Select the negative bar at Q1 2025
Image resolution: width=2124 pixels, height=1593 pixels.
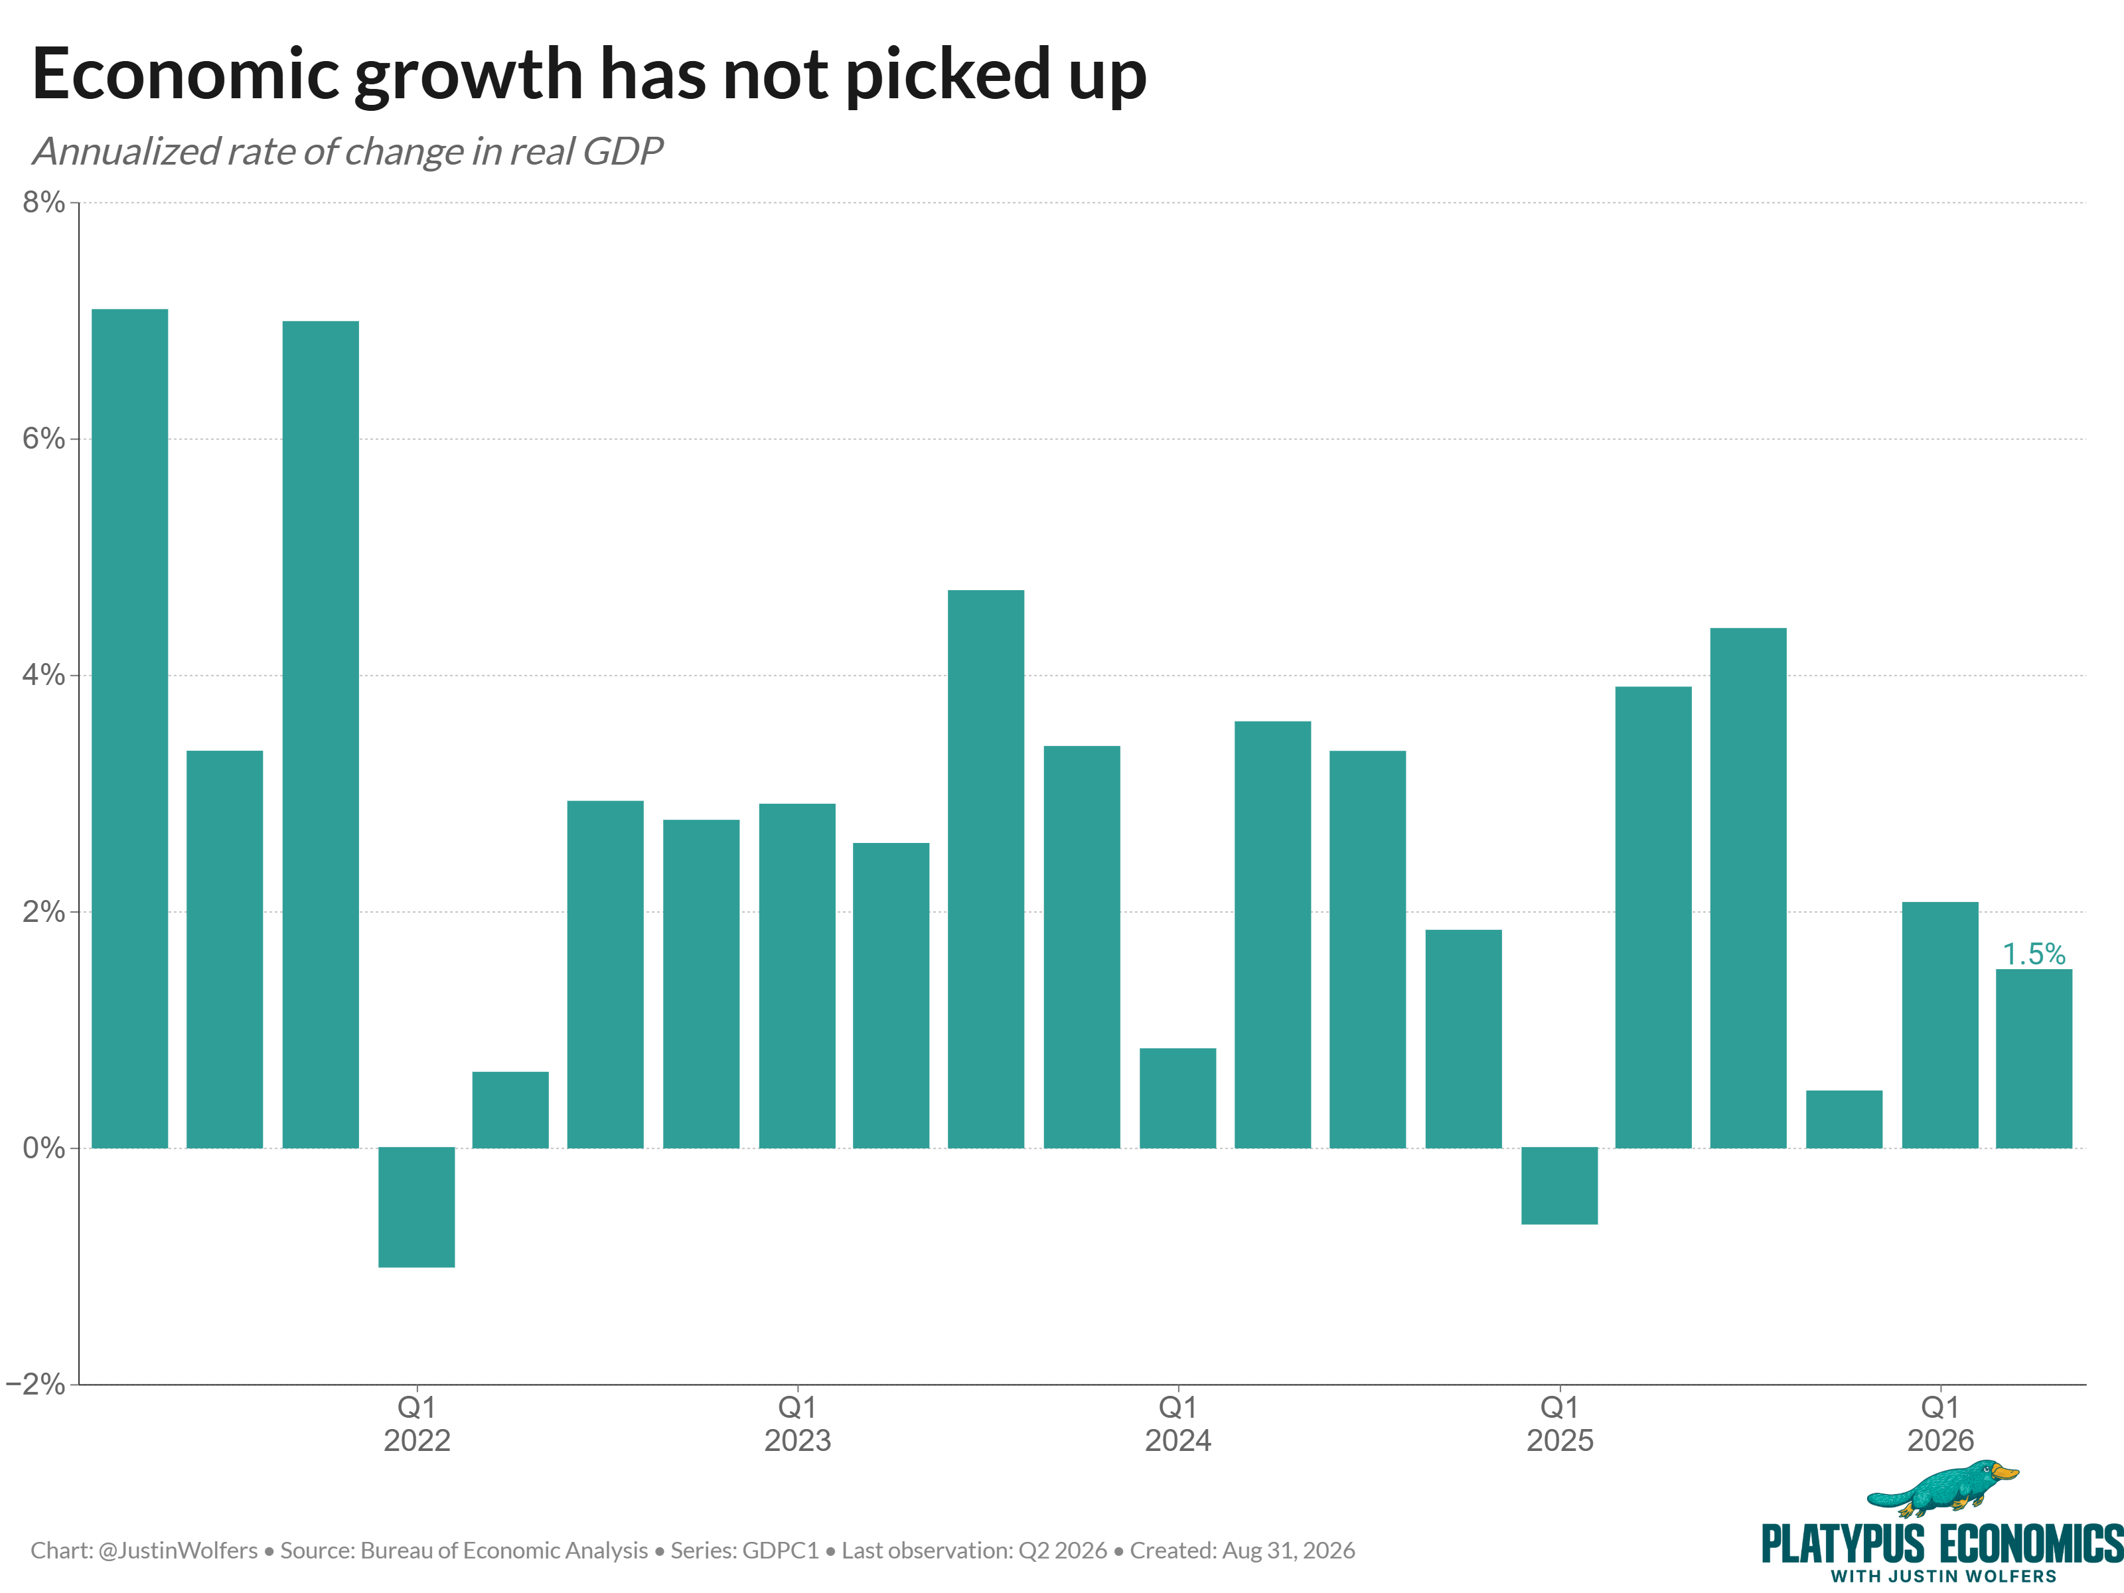(x=1559, y=1186)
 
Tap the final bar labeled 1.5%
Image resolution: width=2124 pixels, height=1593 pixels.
(x=2034, y=1058)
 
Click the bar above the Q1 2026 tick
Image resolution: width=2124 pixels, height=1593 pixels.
(x=1939, y=1025)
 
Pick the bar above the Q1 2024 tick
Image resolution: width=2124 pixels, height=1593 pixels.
(x=1177, y=1098)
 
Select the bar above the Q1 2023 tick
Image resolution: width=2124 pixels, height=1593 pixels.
(x=797, y=976)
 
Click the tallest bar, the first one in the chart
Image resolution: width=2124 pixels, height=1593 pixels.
(x=129, y=729)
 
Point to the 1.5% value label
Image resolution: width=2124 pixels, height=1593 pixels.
(x=2034, y=954)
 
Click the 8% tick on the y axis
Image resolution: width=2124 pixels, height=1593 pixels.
(x=44, y=202)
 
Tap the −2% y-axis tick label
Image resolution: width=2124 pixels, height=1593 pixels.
(x=36, y=1384)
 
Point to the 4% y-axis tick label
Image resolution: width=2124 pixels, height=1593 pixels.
(x=44, y=675)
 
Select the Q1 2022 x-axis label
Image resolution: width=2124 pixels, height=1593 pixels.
(x=417, y=1424)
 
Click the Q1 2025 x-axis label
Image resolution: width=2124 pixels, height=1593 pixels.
(x=1559, y=1424)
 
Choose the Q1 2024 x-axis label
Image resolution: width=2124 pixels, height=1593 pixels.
(x=1178, y=1424)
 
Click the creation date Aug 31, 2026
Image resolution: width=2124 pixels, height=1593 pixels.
(x=1287, y=1551)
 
